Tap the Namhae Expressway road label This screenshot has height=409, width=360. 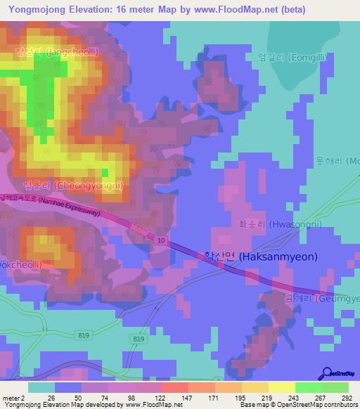coord(70,205)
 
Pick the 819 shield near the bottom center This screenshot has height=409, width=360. coord(138,338)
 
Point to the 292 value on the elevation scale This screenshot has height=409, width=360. coord(345,398)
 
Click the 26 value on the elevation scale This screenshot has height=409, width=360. coord(51,398)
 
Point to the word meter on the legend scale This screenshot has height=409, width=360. coord(12,398)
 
